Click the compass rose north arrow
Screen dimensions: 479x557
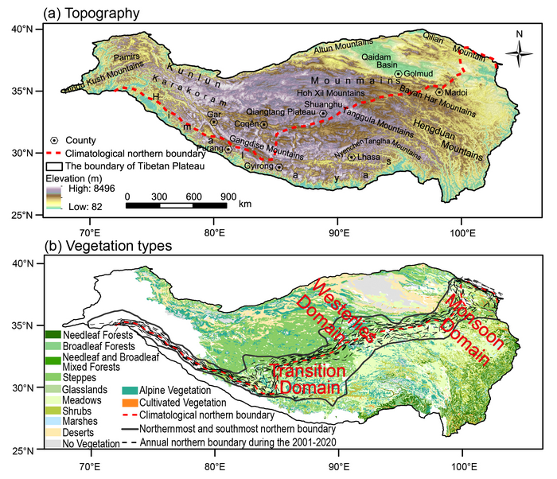tap(518, 54)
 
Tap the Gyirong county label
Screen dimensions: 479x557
tap(256, 167)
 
